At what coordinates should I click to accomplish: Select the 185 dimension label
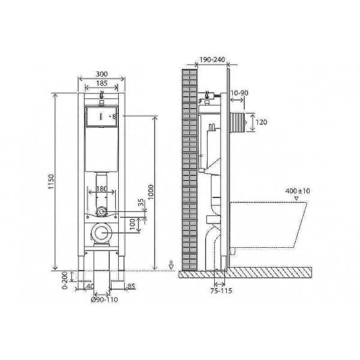[101, 83]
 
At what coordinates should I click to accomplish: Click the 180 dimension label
[102, 190]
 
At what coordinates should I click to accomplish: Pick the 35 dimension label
[142, 205]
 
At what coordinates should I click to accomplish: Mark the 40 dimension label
[91, 286]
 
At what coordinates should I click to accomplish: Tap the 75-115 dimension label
[221, 291]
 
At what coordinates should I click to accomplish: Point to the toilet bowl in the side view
[270, 222]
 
